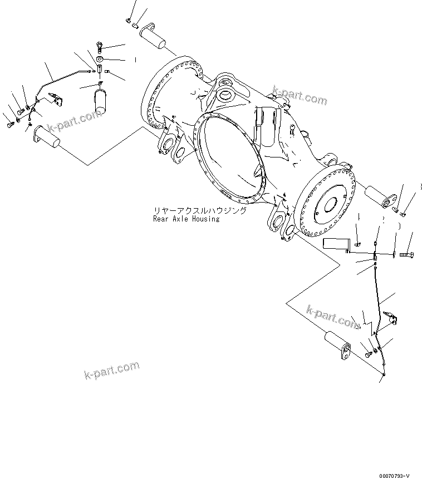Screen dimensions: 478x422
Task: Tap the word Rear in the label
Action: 161,219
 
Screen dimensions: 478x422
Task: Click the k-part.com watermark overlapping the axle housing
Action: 300,96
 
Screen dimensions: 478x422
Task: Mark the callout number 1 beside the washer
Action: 134,58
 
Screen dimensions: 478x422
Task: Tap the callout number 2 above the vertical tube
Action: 384,220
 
